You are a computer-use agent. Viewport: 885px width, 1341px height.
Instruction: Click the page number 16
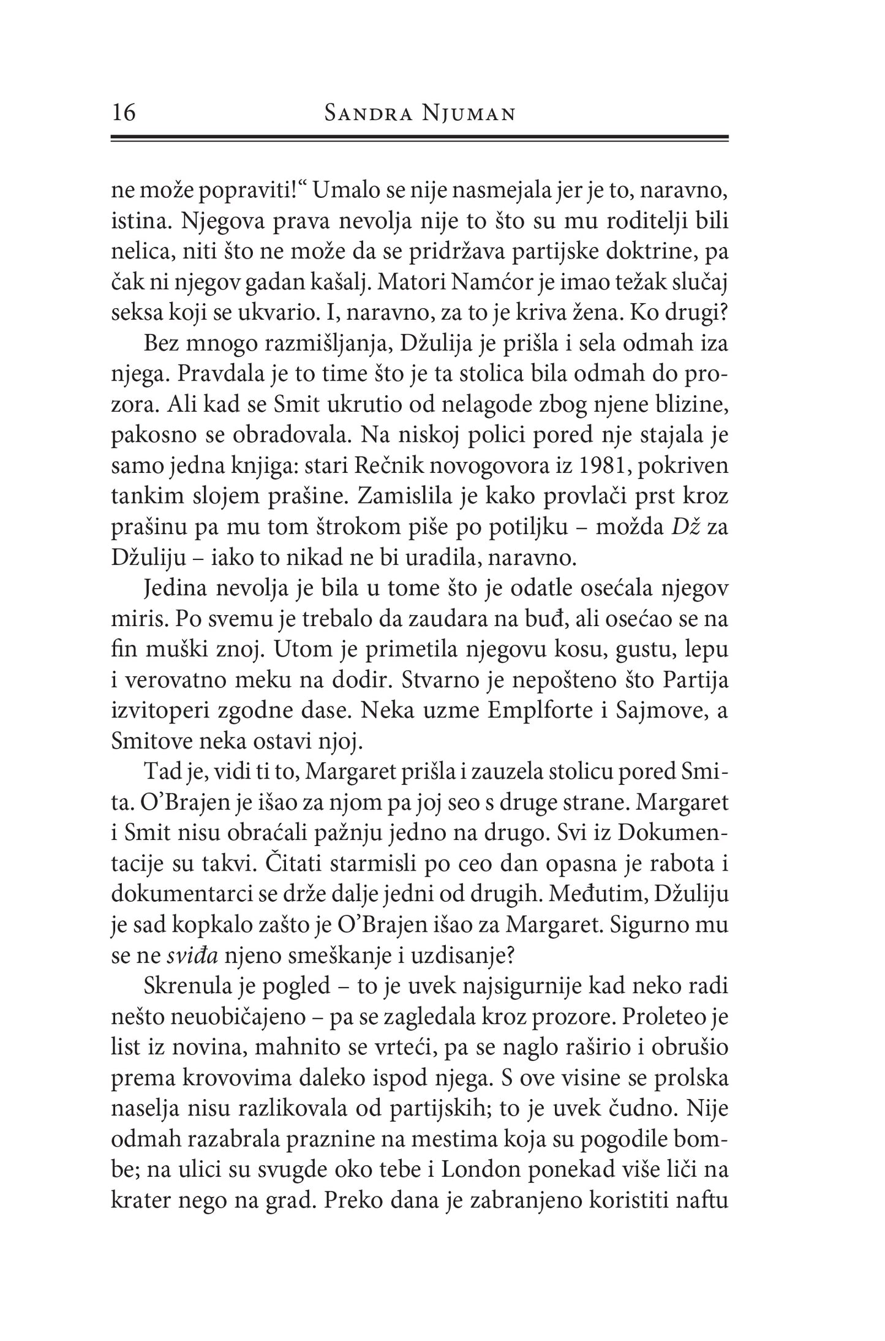pyautogui.click(x=124, y=113)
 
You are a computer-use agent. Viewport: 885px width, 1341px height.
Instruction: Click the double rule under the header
pyautogui.click(x=420, y=138)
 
